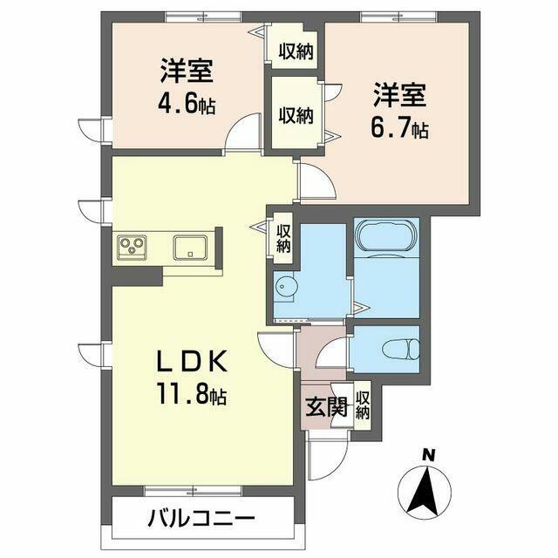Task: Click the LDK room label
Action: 192,362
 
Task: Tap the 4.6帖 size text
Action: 187,105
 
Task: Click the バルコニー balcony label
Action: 201,520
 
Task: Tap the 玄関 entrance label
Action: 326,406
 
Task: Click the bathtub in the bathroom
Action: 386,236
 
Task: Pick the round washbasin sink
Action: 284,287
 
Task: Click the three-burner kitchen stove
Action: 133,246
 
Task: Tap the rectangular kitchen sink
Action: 190,248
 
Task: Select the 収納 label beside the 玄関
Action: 363,405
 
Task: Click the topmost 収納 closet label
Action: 296,52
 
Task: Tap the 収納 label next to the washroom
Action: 283,238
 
